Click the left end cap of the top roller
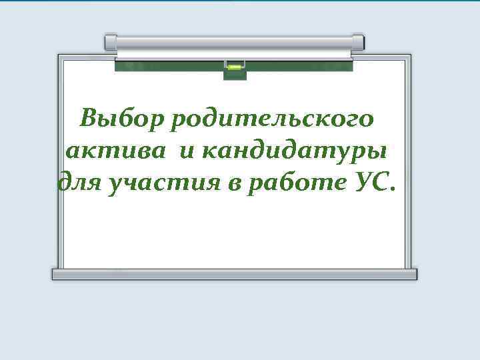coord(111,42)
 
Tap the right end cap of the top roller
coord(359,42)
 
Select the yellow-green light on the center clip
coord(235,67)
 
